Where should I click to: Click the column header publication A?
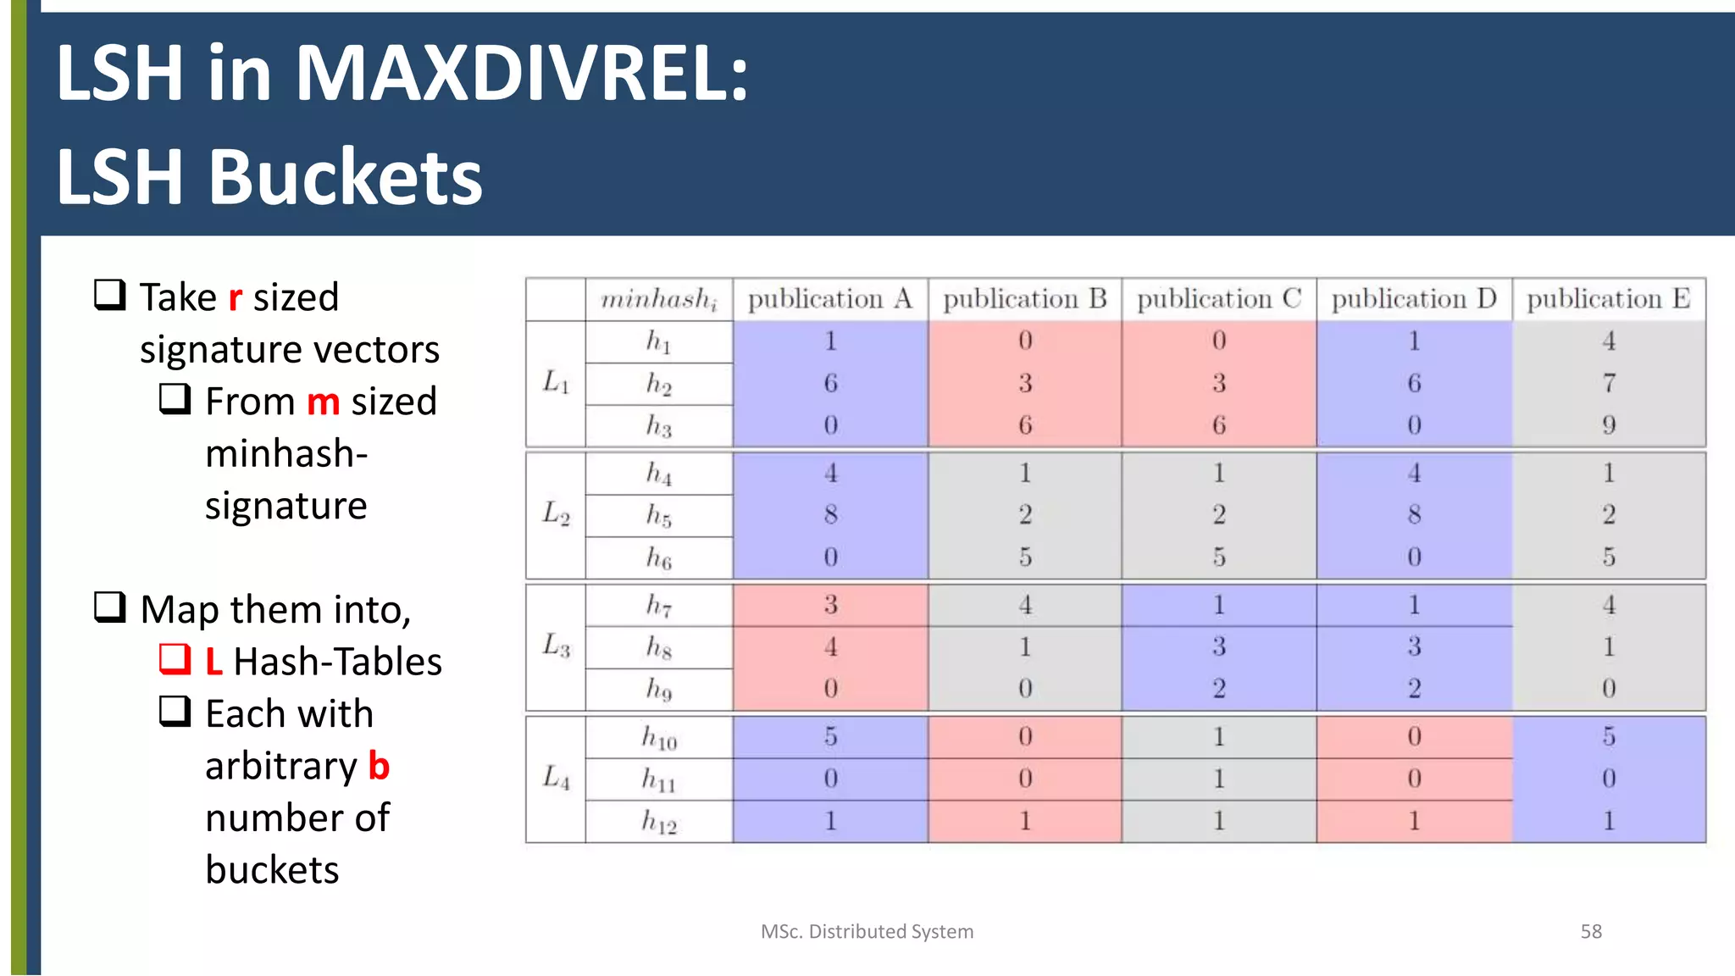[x=829, y=299]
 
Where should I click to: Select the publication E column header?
[x=1608, y=299]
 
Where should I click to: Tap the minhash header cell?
[x=659, y=300]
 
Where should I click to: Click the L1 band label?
[x=556, y=383]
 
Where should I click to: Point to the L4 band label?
[x=556, y=778]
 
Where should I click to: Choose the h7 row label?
[x=659, y=605]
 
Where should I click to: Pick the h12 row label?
[x=659, y=821]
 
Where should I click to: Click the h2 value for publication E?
[x=1608, y=383]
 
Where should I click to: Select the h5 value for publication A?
[x=830, y=514]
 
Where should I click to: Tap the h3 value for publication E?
[x=1608, y=424]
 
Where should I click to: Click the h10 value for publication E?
[x=1608, y=736]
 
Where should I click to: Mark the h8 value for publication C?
[x=1218, y=646]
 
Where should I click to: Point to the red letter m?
[x=323, y=402]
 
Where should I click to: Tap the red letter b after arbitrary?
[x=379, y=766]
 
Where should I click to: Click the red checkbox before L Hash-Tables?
[x=175, y=659]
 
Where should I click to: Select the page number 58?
[x=1590, y=931]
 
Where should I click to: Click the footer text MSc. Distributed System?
[x=867, y=931]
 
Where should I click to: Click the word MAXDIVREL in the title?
[x=521, y=75]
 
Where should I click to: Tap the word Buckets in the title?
[x=345, y=178]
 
